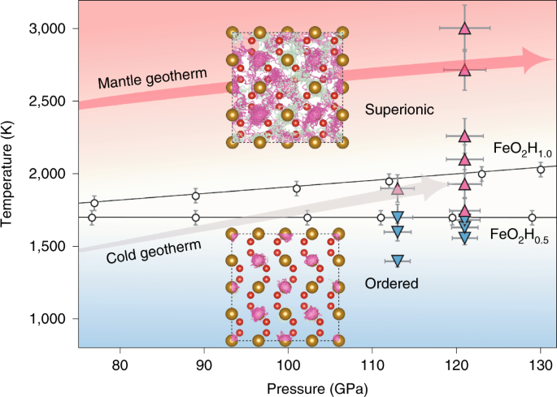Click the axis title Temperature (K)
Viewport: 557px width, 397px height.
point(10,174)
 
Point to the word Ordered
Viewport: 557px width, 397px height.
point(392,283)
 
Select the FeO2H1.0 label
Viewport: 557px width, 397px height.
point(523,149)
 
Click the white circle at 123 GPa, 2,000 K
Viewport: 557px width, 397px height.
point(481,174)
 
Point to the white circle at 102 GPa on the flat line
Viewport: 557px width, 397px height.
point(307,218)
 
